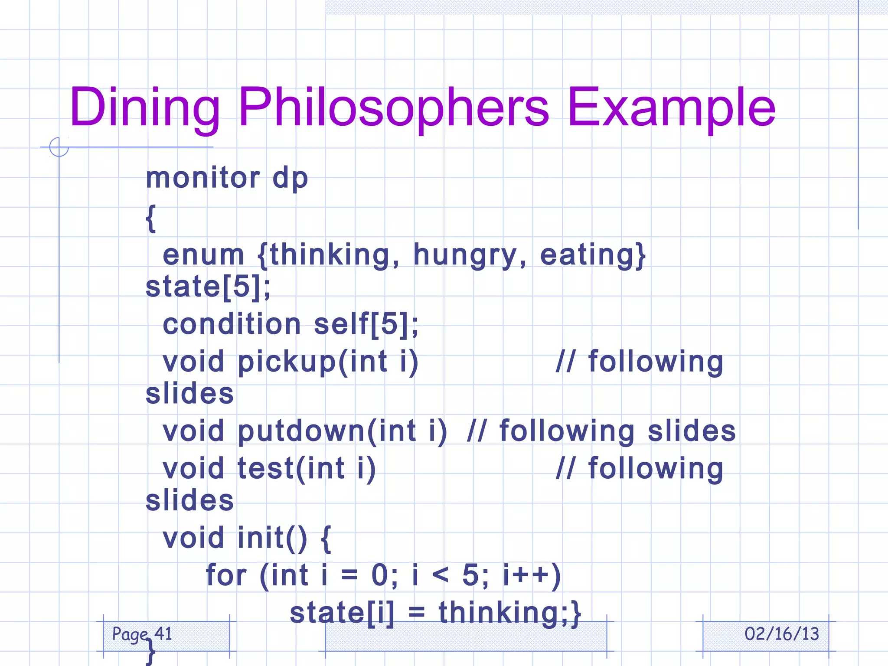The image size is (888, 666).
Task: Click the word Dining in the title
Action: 145,107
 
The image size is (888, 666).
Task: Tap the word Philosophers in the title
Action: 394,107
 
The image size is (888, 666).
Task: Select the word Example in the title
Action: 671,107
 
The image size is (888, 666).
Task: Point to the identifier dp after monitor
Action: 290,179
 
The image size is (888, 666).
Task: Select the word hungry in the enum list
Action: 470,255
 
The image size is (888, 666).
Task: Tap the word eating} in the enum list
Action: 593,255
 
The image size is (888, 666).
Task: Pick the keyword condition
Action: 232,324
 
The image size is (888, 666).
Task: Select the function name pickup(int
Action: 313,362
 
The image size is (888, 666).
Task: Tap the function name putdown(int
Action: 327,431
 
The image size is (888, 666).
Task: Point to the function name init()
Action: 272,538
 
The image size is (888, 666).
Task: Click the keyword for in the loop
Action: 226,575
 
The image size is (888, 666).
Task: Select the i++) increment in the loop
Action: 532,575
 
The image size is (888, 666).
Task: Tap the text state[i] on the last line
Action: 342,613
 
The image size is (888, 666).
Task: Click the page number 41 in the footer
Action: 163,634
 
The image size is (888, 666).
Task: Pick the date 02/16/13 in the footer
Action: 782,634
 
